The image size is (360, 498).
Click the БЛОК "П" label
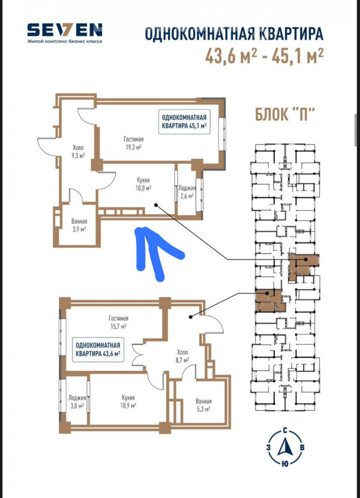[285, 114]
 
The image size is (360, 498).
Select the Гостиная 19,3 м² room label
[133, 143]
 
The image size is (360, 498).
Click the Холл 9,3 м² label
[78, 152]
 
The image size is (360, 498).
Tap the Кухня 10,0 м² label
[143, 184]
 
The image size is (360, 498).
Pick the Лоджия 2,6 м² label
[187, 192]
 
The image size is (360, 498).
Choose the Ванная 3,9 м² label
[79, 225]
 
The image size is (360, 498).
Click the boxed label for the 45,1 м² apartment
[185, 122]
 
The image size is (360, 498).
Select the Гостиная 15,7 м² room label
[118, 322]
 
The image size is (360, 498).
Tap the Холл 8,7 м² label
[182, 356]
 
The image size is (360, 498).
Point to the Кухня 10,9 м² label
[128, 402]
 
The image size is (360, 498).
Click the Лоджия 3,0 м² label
[77, 402]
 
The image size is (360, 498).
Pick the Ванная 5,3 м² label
[204, 405]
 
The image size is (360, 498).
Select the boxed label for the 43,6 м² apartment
[98, 349]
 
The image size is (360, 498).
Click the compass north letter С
[285, 431]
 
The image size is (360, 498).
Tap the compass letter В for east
[302, 448]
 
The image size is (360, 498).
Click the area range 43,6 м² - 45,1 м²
[264, 56]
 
